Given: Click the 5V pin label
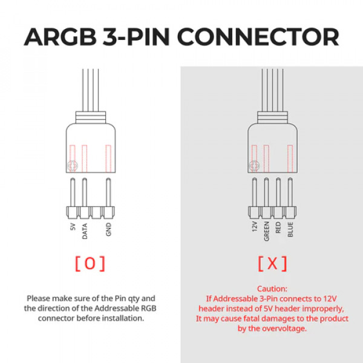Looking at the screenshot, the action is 73,227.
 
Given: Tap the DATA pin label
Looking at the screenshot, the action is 85,231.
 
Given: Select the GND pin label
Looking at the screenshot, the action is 108,229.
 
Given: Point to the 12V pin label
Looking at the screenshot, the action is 255,226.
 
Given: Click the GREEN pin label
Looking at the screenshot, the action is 266,231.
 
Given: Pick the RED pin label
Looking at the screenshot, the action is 278,227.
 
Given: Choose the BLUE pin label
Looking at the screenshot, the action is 290,229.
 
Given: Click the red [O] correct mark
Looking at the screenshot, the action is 90,263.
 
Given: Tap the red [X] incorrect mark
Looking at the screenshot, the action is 272,263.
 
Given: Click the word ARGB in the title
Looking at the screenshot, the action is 60,37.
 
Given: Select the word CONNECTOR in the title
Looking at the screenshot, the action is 258,37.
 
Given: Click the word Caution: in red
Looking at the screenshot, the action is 272,289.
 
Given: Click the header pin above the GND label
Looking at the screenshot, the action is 108,192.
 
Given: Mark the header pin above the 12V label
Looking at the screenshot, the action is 255,192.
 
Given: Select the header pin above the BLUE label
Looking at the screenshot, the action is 290,192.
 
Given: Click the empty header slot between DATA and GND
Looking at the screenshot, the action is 96,212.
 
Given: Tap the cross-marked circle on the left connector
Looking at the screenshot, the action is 73,166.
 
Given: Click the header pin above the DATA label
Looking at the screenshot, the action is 85,192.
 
